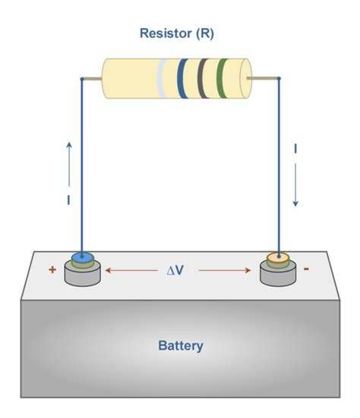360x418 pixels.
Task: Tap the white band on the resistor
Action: [163, 79]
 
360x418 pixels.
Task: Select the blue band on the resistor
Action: [182, 79]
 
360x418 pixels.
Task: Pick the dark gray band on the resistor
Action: [202, 79]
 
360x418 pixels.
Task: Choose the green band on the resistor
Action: [220, 79]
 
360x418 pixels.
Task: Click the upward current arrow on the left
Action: [69, 162]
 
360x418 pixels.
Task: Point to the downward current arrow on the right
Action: [296, 186]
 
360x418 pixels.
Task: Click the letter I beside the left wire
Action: [68, 200]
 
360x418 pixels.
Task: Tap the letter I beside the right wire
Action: [295, 149]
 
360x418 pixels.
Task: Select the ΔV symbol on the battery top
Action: [175, 269]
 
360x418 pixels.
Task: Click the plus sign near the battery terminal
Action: [52, 269]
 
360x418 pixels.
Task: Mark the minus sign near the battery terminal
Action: [306, 269]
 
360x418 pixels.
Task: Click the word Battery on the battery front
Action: [180, 346]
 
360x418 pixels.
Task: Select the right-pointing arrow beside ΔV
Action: [224, 269]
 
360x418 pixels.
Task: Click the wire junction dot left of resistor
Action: [82, 78]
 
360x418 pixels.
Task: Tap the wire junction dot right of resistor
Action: [279, 78]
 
